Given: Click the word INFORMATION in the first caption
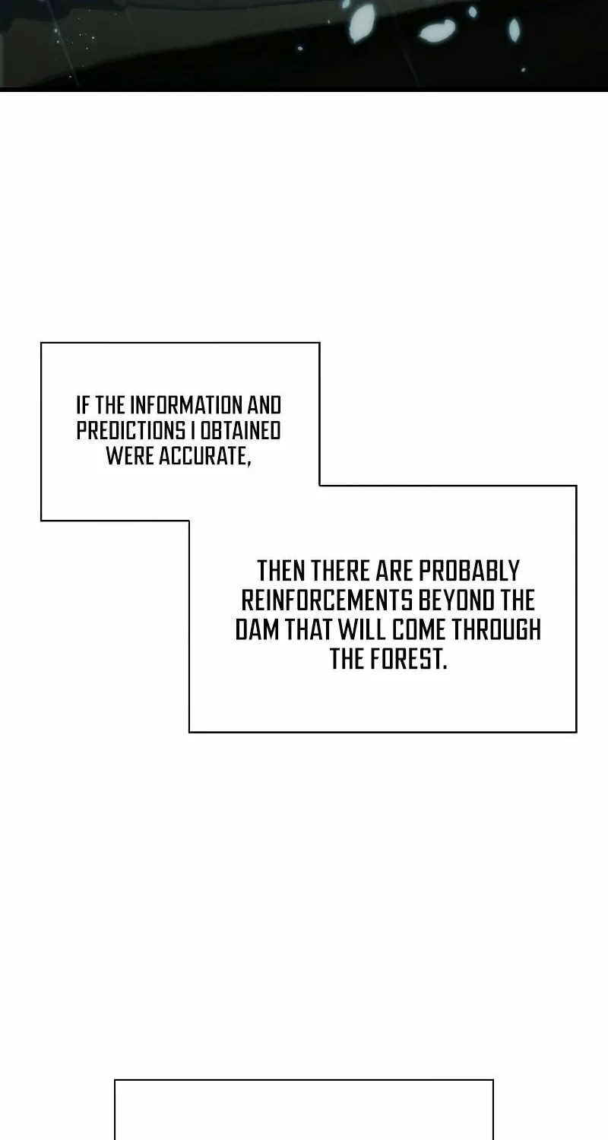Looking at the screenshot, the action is [186, 406].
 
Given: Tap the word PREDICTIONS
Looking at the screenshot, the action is [131, 431].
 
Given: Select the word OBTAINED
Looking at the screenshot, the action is [240, 431].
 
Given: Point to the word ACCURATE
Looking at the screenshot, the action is [205, 456].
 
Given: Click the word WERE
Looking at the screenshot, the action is [130, 455].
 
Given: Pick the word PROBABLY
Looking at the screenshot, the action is [469, 571].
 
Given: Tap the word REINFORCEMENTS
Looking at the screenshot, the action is [327, 600].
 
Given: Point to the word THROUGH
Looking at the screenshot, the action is [496, 629].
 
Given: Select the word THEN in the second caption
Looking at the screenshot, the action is [281, 571].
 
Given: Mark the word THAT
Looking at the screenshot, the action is [308, 629].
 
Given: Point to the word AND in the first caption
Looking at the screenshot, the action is [264, 406].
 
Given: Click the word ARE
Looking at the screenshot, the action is [393, 571].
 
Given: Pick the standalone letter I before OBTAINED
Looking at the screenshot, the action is [193, 431].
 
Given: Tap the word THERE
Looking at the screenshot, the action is [340, 571].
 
